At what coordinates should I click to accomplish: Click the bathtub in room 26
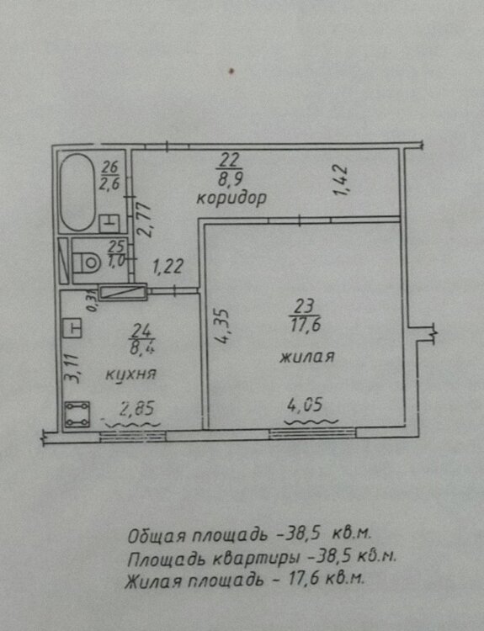click(77, 192)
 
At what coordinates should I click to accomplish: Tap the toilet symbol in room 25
click(87, 262)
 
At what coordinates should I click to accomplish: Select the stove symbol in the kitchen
click(77, 414)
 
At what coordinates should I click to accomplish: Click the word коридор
click(231, 199)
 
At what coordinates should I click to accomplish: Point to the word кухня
click(130, 374)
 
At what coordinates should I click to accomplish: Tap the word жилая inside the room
click(307, 357)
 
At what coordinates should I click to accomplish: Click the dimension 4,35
click(222, 326)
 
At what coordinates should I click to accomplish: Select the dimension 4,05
click(305, 405)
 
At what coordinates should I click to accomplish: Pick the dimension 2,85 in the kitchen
click(137, 409)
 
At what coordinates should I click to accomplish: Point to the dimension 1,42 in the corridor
click(341, 181)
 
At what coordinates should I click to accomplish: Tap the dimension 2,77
click(143, 220)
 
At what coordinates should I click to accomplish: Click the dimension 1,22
click(168, 267)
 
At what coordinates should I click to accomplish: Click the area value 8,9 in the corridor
click(230, 178)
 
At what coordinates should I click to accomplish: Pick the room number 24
click(141, 331)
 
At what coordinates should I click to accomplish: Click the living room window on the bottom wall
click(312, 433)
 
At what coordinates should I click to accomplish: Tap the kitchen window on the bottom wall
click(133, 437)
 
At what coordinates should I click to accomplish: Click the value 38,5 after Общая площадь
click(303, 534)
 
